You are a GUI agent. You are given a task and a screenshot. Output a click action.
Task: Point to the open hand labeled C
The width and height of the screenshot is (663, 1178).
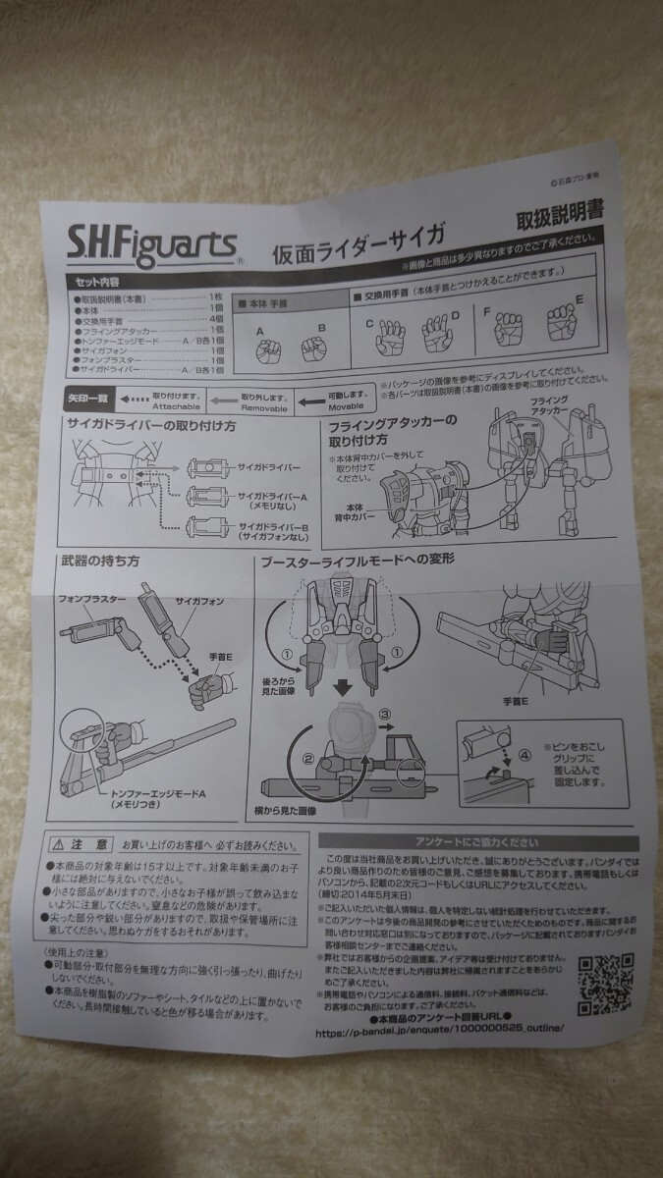pyautogui.click(x=388, y=339)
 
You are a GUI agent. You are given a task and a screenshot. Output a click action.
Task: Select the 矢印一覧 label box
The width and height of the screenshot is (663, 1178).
pyautogui.click(x=88, y=400)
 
